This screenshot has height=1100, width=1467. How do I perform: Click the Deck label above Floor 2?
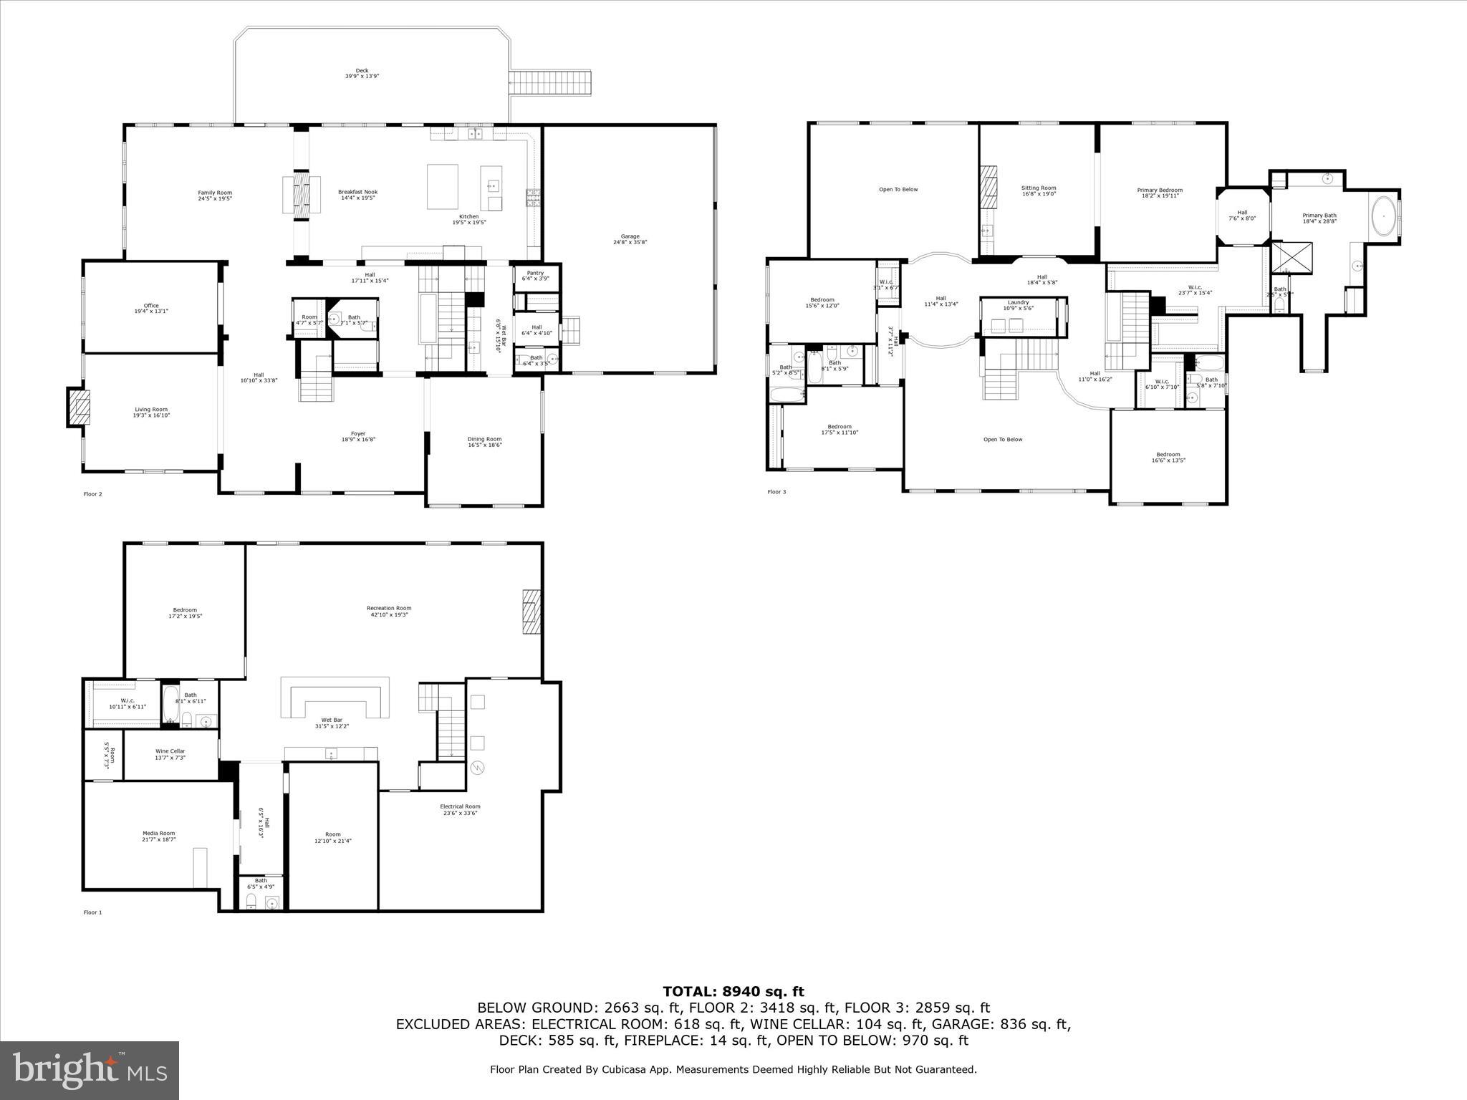(x=362, y=72)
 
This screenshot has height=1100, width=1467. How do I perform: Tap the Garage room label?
(x=630, y=239)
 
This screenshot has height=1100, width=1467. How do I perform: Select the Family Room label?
(x=215, y=195)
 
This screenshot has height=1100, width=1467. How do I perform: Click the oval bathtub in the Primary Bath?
(x=1382, y=215)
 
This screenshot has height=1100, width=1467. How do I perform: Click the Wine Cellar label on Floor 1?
(x=170, y=754)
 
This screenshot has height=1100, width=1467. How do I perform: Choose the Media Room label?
(x=158, y=836)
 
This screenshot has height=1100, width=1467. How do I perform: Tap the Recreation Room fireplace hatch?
(x=531, y=611)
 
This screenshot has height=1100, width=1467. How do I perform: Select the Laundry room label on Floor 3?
(x=1018, y=305)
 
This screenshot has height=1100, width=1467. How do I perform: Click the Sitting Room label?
(x=1038, y=190)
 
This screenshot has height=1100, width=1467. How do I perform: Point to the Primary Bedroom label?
(x=1160, y=193)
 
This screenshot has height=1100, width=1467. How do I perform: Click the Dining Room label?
(x=484, y=442)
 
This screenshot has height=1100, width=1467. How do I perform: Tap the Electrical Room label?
(x=460, y=809)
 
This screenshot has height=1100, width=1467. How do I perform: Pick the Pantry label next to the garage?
(x=535, y=276)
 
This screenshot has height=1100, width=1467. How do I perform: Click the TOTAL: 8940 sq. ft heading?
(x=733, y=992)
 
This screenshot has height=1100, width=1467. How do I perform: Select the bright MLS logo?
(x=90, y=1070)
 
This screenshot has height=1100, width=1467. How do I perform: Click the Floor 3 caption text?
(x=776, y=492)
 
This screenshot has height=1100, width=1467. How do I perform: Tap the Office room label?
(x=150, y=308)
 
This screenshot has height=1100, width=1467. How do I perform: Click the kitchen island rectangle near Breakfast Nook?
(x=442, y=186)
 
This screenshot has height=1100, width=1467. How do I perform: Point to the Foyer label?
(x=358, y=436)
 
